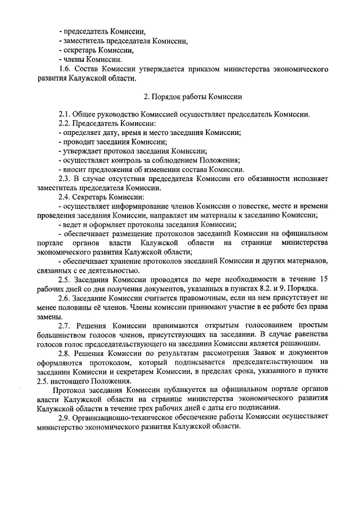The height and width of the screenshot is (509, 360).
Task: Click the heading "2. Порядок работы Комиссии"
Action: (x=186, y=96)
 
